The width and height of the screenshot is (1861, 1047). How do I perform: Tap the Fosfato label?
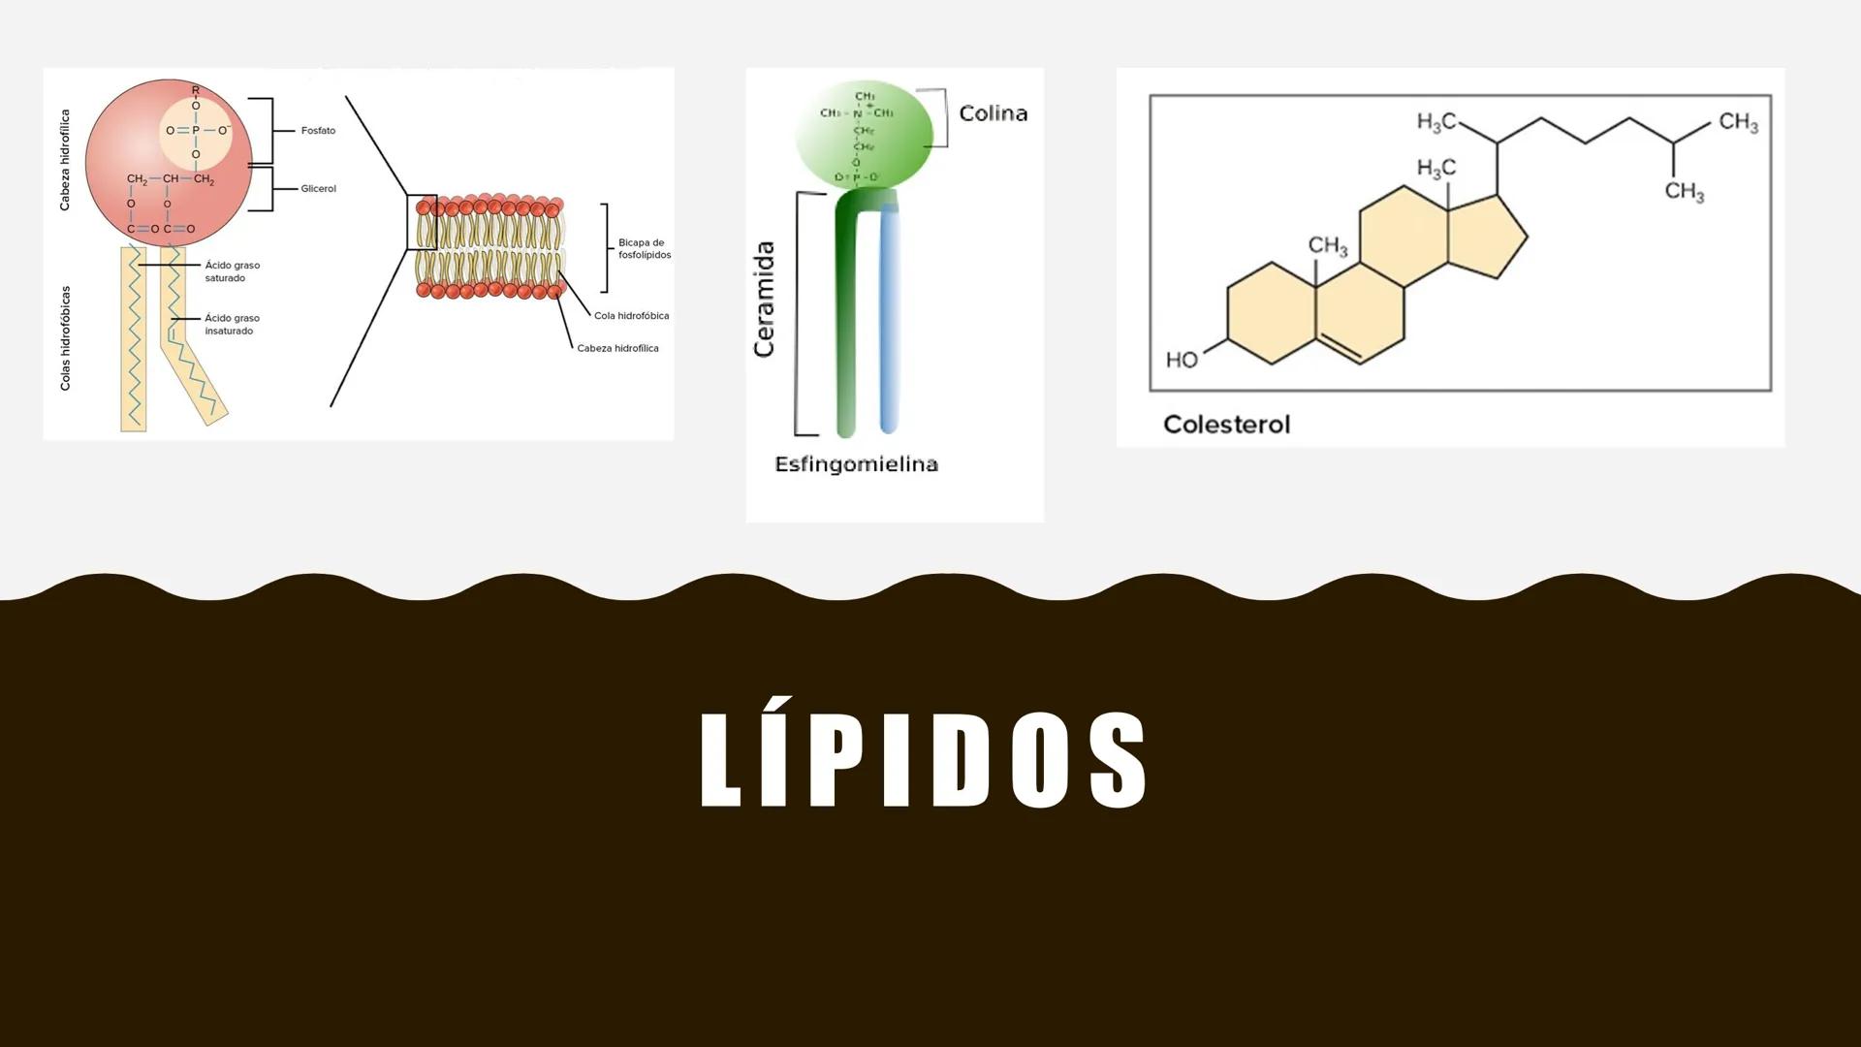[318, 131]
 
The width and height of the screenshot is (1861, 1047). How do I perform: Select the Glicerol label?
[318, 189]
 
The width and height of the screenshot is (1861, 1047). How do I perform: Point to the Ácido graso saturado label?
[232, 271]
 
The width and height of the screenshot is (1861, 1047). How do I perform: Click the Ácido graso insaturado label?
[232, 325]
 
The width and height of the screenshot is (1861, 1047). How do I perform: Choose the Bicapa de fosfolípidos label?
[644, 249]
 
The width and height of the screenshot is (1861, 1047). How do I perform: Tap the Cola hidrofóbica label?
[631, 316]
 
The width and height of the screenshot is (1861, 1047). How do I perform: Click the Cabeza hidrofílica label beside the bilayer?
[617, 348]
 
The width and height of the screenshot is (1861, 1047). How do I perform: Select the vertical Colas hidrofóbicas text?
[66, 338]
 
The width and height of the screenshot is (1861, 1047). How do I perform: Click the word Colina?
[993, 113]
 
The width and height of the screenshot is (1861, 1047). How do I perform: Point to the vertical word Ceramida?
[765, 300]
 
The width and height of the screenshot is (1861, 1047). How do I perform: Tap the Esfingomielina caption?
[856, 464]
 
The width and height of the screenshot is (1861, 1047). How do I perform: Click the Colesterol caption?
[1226, 425]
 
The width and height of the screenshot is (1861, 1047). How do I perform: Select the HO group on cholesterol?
[1182, 361]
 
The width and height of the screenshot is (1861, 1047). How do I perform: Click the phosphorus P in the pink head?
[196, 130]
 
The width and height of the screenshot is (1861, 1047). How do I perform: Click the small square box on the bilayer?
[422, 222]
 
